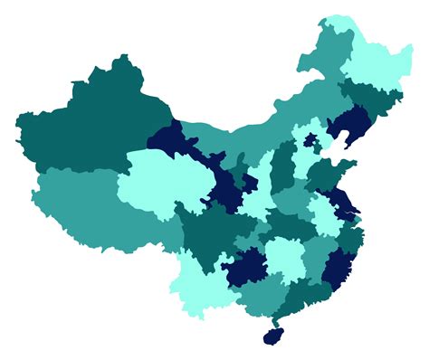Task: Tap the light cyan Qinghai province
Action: click(158, 181)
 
